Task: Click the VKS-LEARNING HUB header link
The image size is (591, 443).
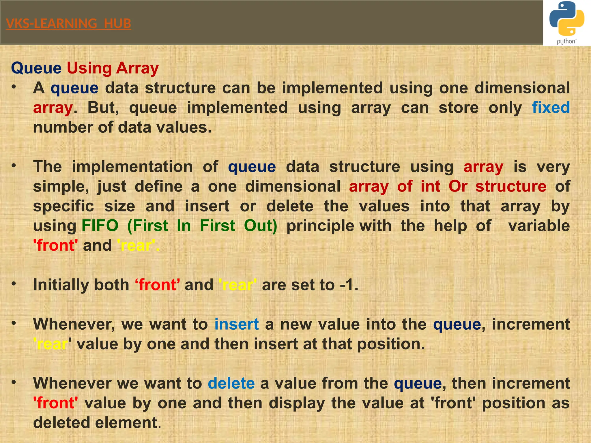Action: [68, 24]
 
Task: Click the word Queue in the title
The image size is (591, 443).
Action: [36, 68]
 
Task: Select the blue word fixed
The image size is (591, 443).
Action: [551, 108]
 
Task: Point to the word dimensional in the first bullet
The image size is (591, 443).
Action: [522, 88]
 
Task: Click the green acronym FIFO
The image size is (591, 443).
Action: [100, 226]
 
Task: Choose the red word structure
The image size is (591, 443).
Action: [511, 186]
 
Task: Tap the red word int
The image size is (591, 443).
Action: [430, 186]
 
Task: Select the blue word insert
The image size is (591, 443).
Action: [236, 324]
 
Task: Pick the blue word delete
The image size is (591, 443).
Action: [231, 383]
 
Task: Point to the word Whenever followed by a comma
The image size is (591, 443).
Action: [74, 324]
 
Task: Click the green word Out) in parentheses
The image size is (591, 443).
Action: [261, 226]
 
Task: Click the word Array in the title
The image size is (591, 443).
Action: [137, 68]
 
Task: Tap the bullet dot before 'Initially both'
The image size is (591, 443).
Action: [14, 284]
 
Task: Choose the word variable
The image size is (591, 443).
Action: [539, 226]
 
